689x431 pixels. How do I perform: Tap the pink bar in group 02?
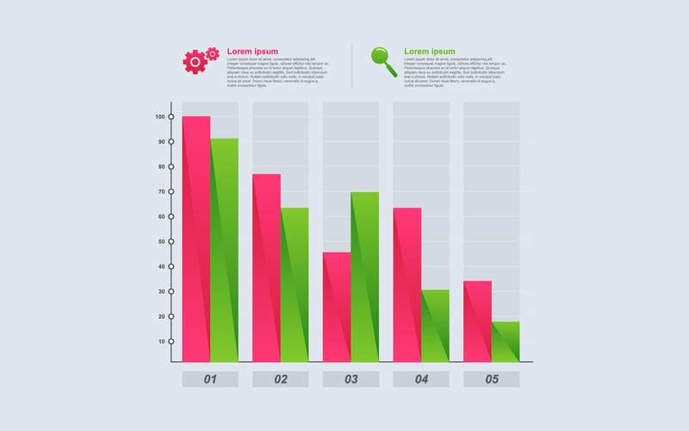(x=266, y=267)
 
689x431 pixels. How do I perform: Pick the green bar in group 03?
(x=365, y=276)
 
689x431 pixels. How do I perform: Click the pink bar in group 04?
(x=407, y=284)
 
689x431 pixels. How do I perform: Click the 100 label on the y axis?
(x=161, y=116)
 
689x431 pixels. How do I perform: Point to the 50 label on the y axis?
(x=161, y=241)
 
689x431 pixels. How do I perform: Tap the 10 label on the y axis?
(x=161, y=341)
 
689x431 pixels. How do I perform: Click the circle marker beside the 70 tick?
(x=171, y=191)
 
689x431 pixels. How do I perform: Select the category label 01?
(x=210, y=379)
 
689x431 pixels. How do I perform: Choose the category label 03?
(x=351, y=379)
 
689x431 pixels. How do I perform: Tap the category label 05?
(x=492, y=379)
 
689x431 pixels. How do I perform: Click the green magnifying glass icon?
(x=383, y=60)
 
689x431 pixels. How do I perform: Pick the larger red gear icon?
(x=195, y=62)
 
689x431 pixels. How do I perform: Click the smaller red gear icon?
(x=213, y=53)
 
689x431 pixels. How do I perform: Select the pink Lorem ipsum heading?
(x=252, y=52)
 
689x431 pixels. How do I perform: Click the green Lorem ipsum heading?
(x=429, y=52)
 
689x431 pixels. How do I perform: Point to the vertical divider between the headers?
(x=351, y=66)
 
